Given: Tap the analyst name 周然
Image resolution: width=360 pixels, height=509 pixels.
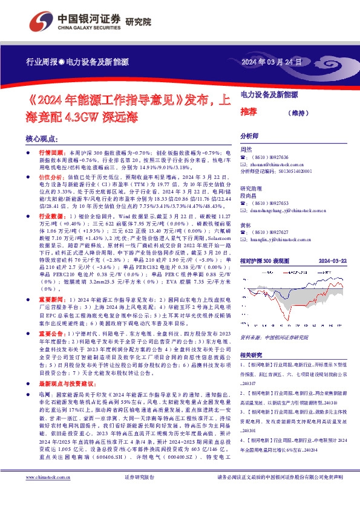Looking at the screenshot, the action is click(246, 149).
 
